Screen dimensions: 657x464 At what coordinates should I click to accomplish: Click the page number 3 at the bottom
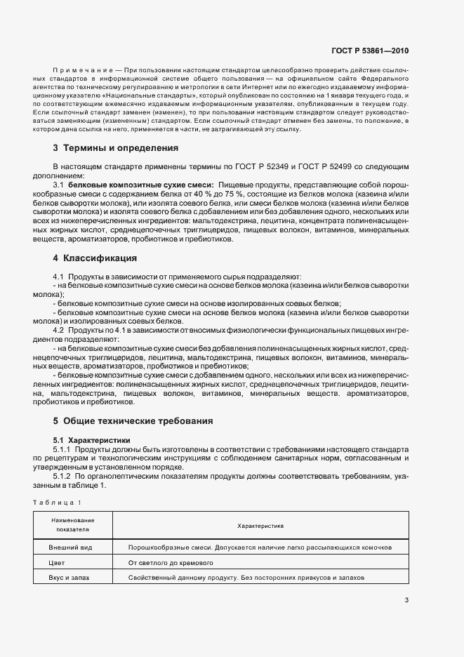coord(406,599)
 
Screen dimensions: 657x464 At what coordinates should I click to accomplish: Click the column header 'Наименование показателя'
coord(72,524)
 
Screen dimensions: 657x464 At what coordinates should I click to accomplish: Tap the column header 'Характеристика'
coord(260,524)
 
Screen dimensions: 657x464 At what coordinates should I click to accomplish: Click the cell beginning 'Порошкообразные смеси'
coord(260,547)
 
